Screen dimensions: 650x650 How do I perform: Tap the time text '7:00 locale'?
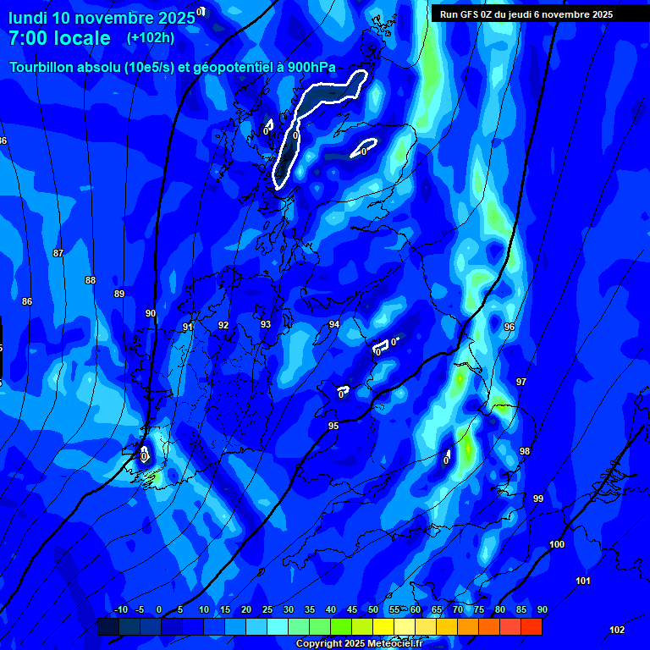tap(59, 38)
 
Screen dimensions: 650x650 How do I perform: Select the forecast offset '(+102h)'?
tap(151, 38)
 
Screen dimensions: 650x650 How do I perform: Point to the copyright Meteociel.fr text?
tap(358, 644)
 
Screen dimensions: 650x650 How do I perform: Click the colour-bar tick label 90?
tap(542, 609)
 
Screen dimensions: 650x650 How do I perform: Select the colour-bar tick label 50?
tap(373, 609)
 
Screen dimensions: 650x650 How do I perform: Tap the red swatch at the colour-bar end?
tap(532, 627)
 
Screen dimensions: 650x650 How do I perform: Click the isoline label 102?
tap(617, 630)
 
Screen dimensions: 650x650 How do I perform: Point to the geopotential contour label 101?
tap(583, 581)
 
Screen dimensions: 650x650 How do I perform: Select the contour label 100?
tap(557, 544)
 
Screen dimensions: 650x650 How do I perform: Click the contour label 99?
tap(538, 499)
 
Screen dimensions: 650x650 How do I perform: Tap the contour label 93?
tap(266, 324)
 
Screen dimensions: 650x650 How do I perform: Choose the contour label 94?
tap(334, 324)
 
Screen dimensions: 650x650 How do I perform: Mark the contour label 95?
tap(333, 426)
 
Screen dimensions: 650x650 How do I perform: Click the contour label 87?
tap(58, 253)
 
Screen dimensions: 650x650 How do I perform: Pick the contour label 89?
tap(119, 294)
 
